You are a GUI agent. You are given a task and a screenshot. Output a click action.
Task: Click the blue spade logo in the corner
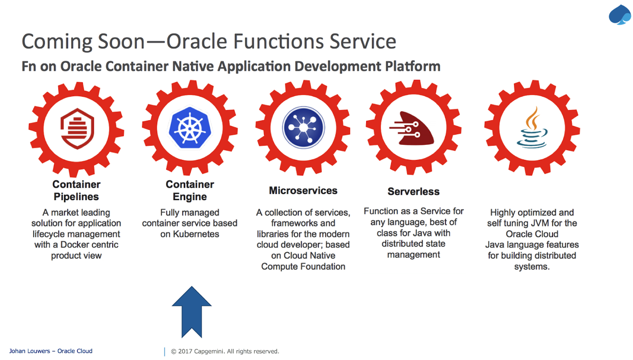pyautogui.click(x=620, y=15)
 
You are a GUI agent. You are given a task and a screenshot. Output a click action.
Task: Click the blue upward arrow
pyautogui.click(x=191, y=312)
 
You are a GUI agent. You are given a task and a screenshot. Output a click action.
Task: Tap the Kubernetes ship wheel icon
pyautogui.click(x=190, y=128)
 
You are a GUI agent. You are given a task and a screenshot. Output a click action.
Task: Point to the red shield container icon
pyautogui.click(x=77, y=129)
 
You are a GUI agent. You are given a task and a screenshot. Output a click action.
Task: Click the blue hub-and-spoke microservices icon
pyautogui.click(x=304, y=128)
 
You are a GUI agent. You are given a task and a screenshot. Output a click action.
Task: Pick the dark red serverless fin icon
pyautogui.click(x=412, y=128)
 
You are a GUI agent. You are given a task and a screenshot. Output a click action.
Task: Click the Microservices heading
pyautogui.click(x=303, y=191)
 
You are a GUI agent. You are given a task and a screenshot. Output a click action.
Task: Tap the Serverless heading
pyautogui.click(x=414, y=192)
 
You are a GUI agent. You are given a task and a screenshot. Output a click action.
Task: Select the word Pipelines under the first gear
pyautogui.click(x=76, y=196)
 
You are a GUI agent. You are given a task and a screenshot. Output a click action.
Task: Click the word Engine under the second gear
pyautogui.click(x=190, y=197)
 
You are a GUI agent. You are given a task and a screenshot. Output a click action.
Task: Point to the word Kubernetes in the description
pyautogui.click(x=196, y=234)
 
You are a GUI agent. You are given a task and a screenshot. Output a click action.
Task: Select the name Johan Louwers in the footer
pyautogui.click(x=29, y=351)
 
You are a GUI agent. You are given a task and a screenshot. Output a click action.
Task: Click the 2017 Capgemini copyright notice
pyautogui.click(x=225, y=351)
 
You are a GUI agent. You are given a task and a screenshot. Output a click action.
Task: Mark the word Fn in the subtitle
pyautogui.click(x=28, y=66)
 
